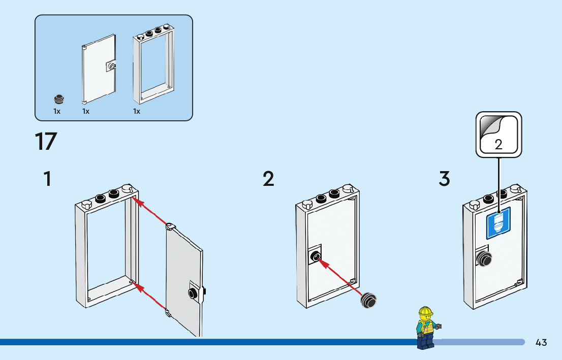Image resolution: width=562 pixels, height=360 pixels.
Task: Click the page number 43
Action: [541, 343]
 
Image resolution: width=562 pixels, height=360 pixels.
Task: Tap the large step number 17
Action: [46, 142]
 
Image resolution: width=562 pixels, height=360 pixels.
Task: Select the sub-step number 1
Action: [47, 179]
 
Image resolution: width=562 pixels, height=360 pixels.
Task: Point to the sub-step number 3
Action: [444, 179]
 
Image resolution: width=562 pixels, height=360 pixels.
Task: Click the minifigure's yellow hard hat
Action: [425, 312]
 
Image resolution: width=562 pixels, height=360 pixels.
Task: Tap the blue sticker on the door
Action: [498, 225]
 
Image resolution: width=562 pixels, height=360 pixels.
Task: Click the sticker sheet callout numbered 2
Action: [498, 135]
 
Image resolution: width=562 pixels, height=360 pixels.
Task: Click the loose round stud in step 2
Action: [368, 301]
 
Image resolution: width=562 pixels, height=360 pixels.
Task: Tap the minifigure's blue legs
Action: [424, 341]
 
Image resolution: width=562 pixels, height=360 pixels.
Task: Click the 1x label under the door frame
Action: [137, 111]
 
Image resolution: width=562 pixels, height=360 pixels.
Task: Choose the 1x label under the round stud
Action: [57, 111]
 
